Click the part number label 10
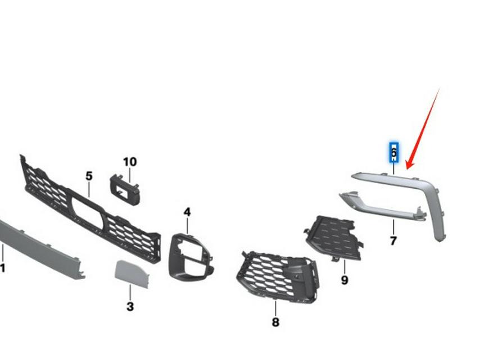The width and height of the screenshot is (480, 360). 129,162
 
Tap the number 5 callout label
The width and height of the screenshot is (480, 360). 89,176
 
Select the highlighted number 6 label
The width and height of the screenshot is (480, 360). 393,152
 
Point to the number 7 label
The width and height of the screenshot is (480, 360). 393,241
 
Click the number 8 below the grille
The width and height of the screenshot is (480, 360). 275,322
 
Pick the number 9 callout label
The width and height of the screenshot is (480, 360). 344,280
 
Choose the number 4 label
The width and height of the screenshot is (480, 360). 187,212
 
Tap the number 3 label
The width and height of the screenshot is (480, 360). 130,307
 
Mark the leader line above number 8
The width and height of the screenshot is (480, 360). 275,308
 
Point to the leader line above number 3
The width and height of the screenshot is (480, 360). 130,293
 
